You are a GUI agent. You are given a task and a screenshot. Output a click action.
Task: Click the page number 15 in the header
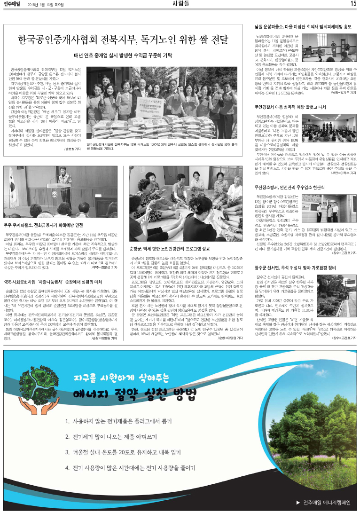pos(352,4)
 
